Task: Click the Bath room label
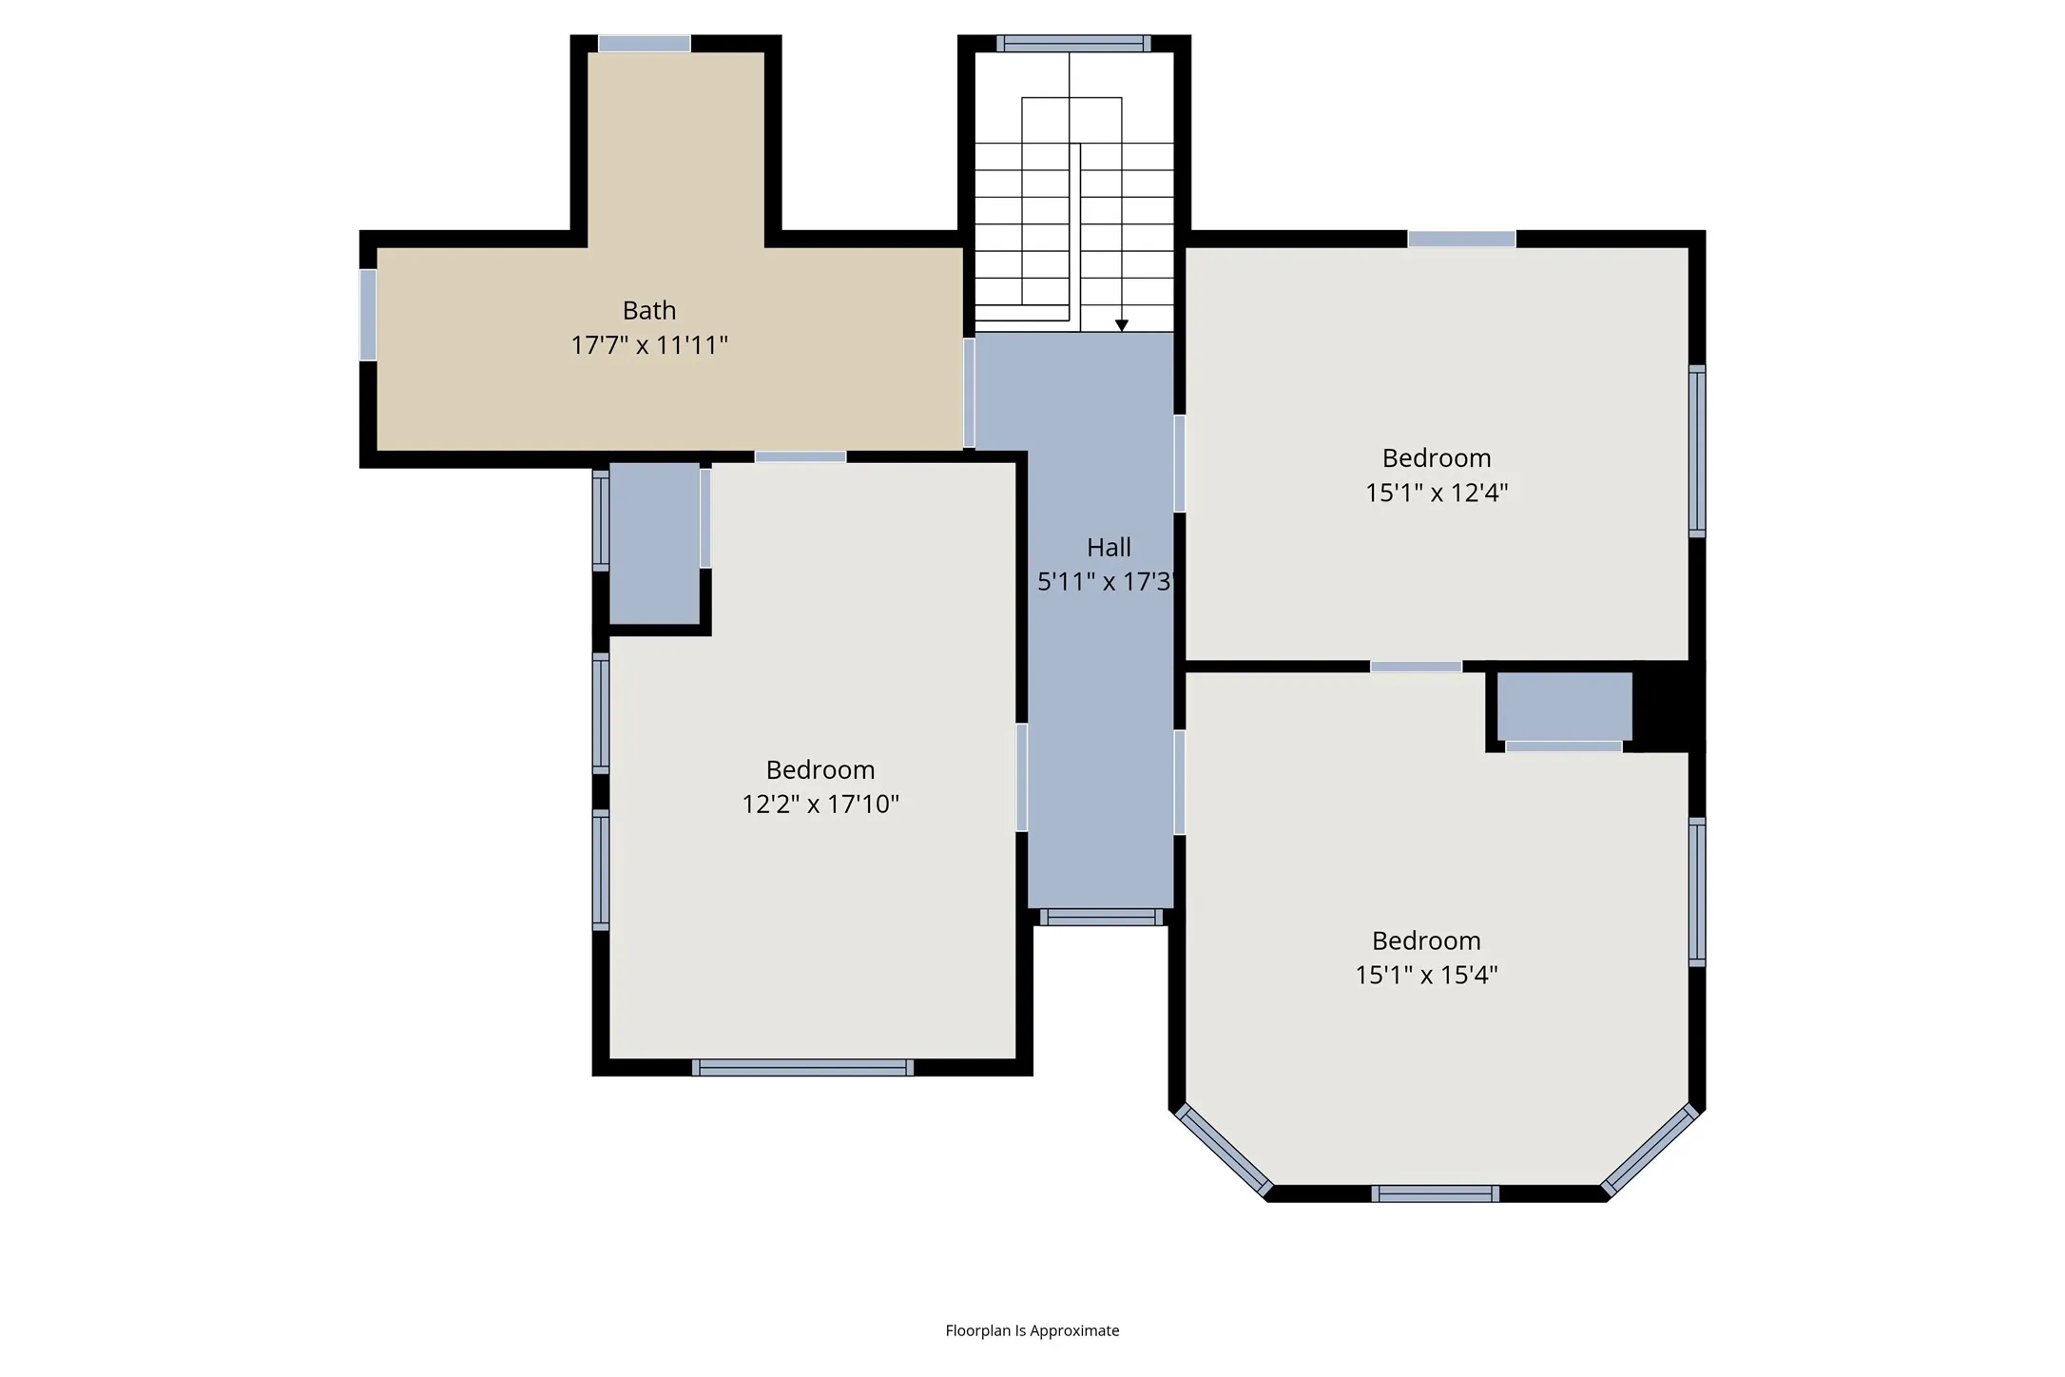(649, 310)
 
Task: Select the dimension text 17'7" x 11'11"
(649, 344)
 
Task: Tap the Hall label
(1109, 547)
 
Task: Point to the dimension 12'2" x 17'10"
(820, 804)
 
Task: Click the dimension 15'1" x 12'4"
(1437, 492)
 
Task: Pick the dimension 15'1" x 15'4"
(1426, 974)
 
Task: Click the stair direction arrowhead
(1122, 325)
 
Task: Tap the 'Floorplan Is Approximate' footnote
(1032, 1330)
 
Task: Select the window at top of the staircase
(1073, 43)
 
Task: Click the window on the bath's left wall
(368, 315)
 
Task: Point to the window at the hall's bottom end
(1101, 917)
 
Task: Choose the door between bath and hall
(969, 393)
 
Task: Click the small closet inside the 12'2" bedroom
(655, 543)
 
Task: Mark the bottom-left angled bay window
(1224, 1150)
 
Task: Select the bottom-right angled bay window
(1650, 1150)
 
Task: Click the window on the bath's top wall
(644, 43)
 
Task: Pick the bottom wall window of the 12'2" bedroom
(802, 1068)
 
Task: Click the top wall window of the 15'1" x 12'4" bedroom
(1461, 239)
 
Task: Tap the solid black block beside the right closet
(1669, 706)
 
